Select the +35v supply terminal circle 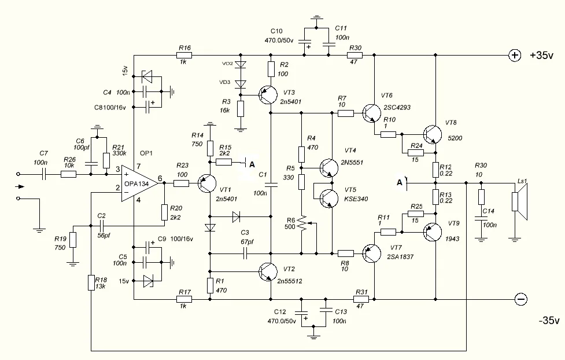[514, 56]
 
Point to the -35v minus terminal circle [520, 299]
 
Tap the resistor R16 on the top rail [184, 56]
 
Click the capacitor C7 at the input [43, 174]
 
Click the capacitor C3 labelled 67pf [245, 253]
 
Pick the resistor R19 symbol [73, 240]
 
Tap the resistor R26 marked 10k [68, 174]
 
